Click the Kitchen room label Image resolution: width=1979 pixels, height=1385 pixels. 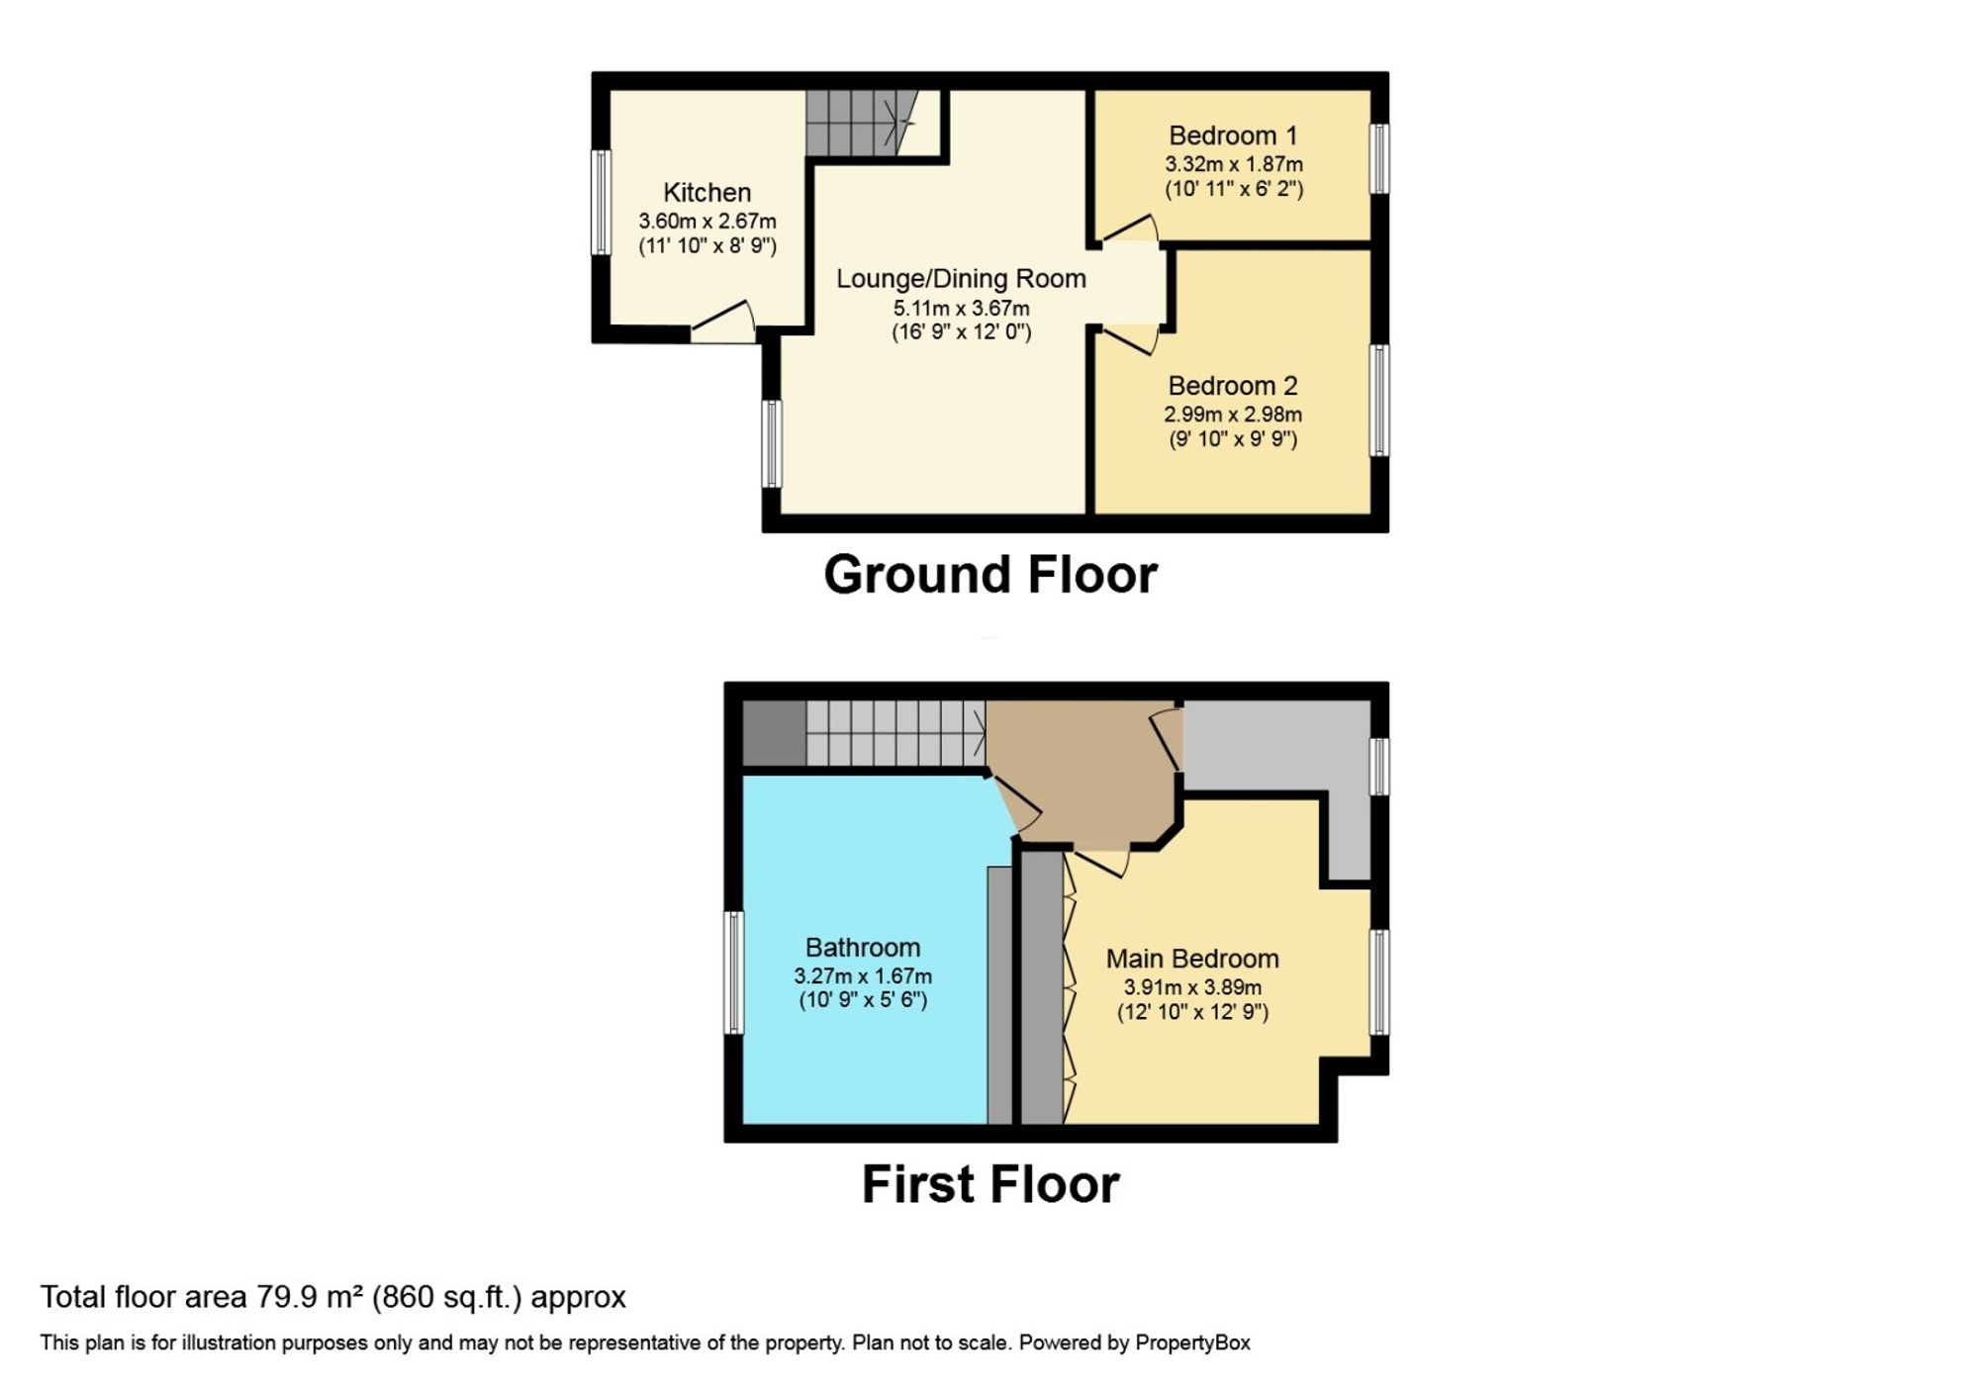[707, 192]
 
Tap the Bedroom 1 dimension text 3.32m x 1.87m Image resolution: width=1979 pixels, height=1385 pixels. [1233, 164]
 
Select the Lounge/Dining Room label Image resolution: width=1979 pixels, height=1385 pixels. [961, 279]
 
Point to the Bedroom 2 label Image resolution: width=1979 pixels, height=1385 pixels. [1232, 386]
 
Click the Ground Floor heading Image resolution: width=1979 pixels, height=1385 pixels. [989, 575]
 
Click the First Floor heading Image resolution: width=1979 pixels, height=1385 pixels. [989, 1184]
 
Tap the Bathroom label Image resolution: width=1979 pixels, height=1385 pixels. [862, 948]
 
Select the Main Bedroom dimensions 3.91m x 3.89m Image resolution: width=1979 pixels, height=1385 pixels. [1192, 987]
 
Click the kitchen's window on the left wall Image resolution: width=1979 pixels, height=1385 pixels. [600, 202]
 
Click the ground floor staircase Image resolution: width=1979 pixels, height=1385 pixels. [856, 124]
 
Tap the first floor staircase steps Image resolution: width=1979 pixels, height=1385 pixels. [895, 733]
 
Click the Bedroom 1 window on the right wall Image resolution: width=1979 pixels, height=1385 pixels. [1379, 158]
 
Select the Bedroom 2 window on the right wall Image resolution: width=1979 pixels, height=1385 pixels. [1379, 401]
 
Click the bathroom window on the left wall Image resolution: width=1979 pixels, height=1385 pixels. [733, 973]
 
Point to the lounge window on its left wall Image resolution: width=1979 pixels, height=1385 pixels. [771, 443]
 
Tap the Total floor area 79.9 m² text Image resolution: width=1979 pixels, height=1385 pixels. [332, 1297]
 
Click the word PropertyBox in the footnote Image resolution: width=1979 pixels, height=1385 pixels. [1191, 1343]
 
